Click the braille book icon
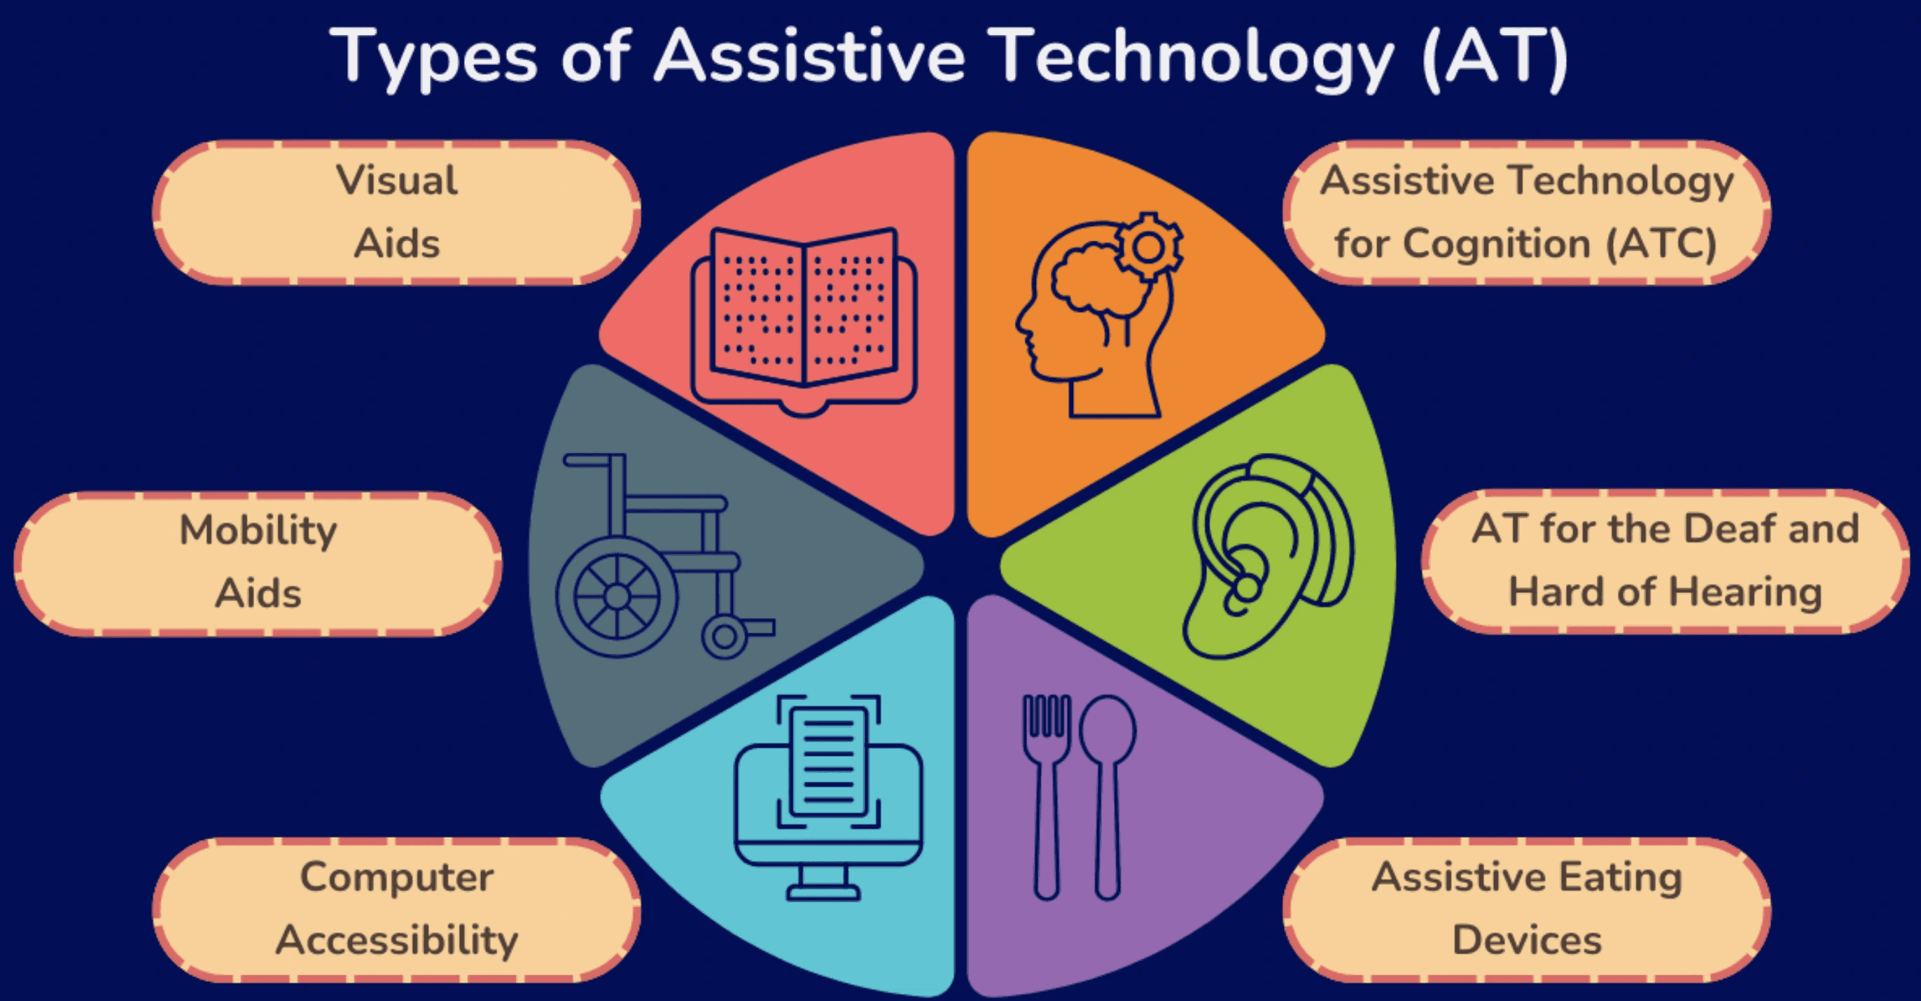(804, 317)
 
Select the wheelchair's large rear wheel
(617, 596)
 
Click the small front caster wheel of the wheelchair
(723, 636)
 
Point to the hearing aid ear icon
(1268, 556)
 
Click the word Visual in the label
(397, 181)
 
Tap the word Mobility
(258, 531)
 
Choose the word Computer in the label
(397, 877)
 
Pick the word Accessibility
(397, 940)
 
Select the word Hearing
(1745, 592)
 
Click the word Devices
(1526, 940)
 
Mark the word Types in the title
(433, 58)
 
